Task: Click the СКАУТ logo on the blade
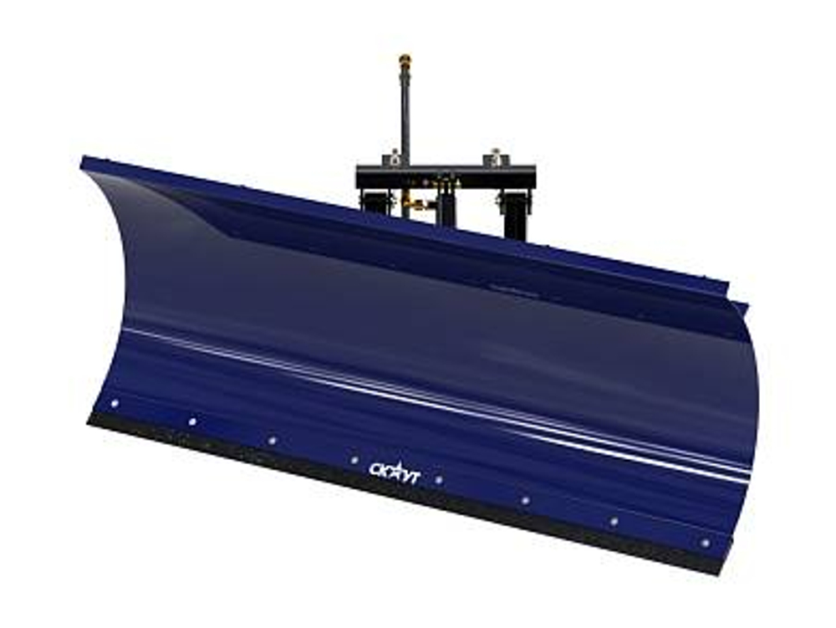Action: tap(395, 472)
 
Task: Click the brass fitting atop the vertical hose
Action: tap(405, 59)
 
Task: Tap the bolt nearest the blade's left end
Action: tap(115, 404)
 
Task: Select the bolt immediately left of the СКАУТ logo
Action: tap(354, 460)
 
